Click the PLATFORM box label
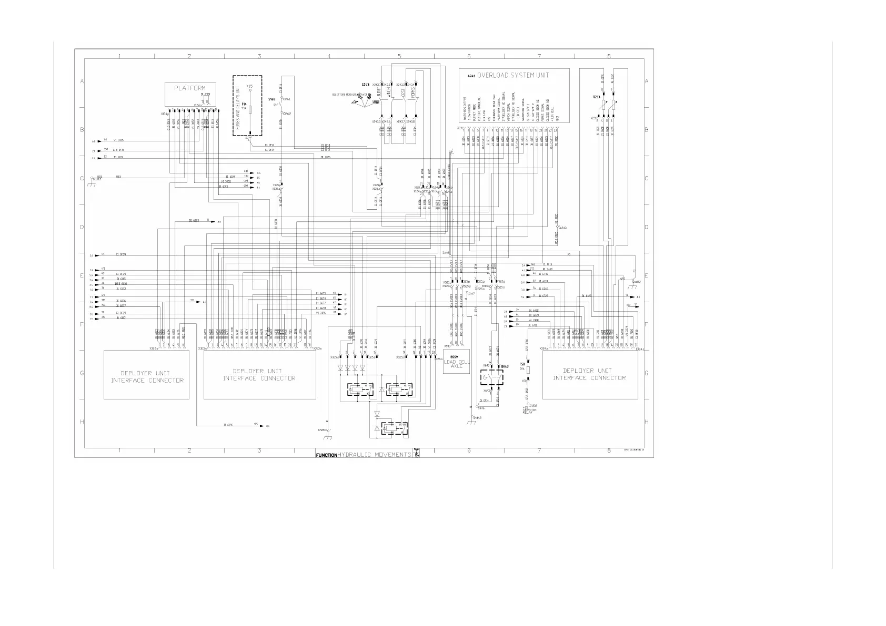click(x=190, y=88)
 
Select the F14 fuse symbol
click(x=250, y=109)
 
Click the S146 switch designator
click(x=271, y=99)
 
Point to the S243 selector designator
click(x=365, y=85)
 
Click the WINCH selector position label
click(x=389, y=93)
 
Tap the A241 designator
click(x=471, y=76)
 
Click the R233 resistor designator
click(x=596, y=97)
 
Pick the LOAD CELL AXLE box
click(x=456, y=364)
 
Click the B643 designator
click(x=505, y=366)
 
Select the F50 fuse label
click(x=522, y=364)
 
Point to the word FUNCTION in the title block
click(x=326, y=455)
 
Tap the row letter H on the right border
click(x=646, y=422)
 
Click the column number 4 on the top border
click(x=329, y=56)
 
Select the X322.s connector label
click(x=154, y=348)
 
